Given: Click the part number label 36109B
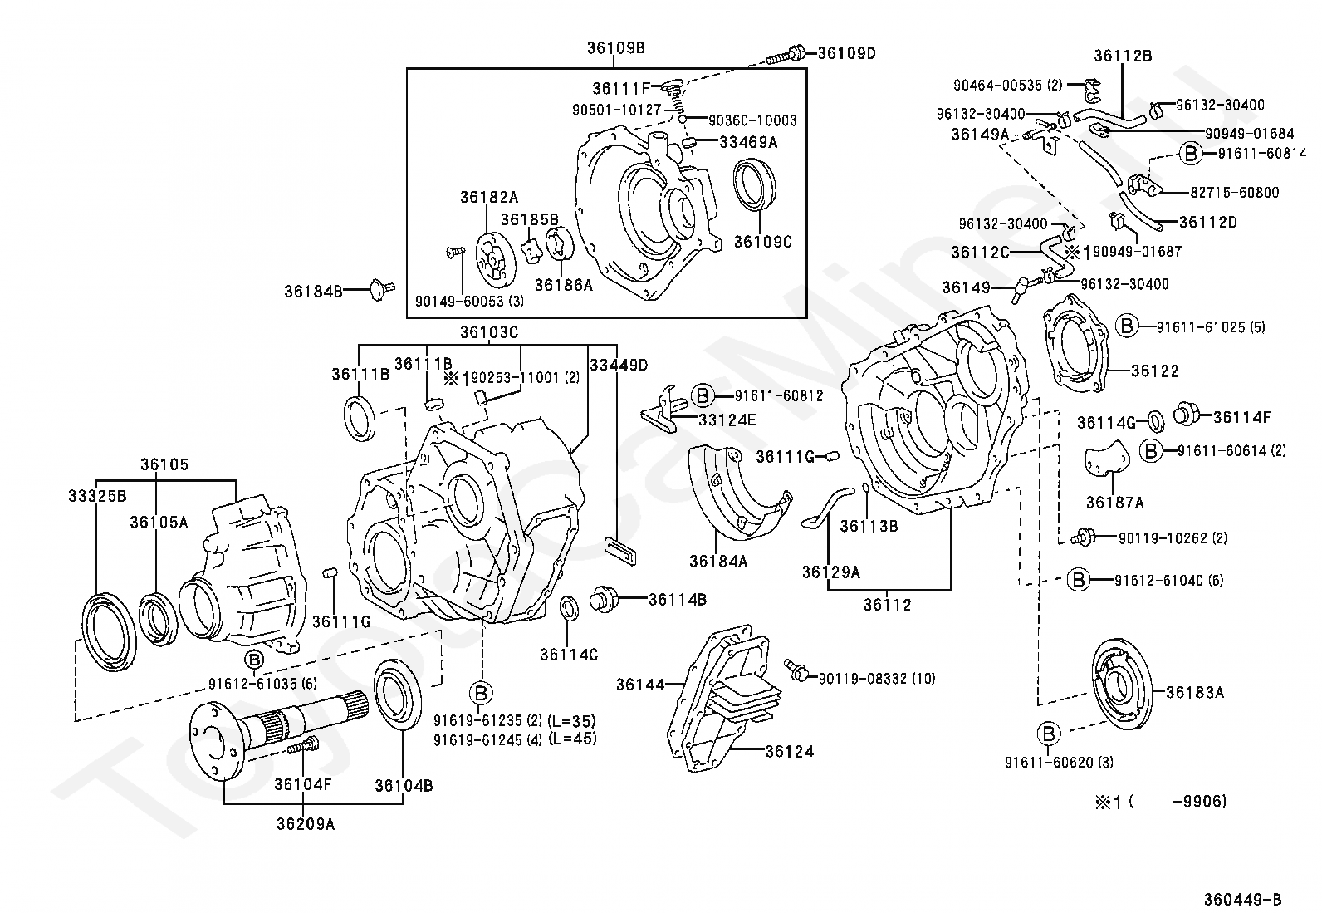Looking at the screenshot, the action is tap(615, 48).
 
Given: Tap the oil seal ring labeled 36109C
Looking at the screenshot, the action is tap(754, 184).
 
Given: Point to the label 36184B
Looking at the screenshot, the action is tap(313, 291).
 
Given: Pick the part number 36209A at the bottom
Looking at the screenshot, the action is tap(306, 824).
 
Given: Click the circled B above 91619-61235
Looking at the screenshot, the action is tap(481, 693).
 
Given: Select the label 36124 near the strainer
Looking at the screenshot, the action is tap(790, 751).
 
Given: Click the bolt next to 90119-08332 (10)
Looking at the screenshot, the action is tap(796, 671).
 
